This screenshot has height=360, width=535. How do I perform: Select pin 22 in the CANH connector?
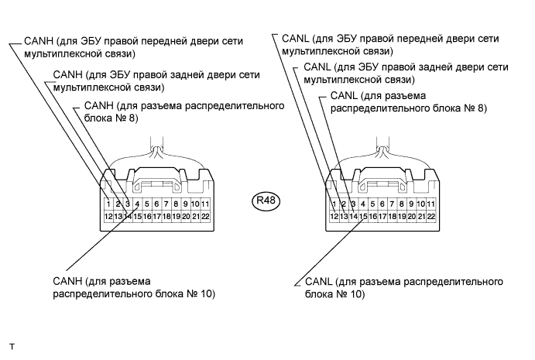point(205,216)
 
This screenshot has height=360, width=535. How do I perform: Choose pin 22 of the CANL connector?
point(431,216)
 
